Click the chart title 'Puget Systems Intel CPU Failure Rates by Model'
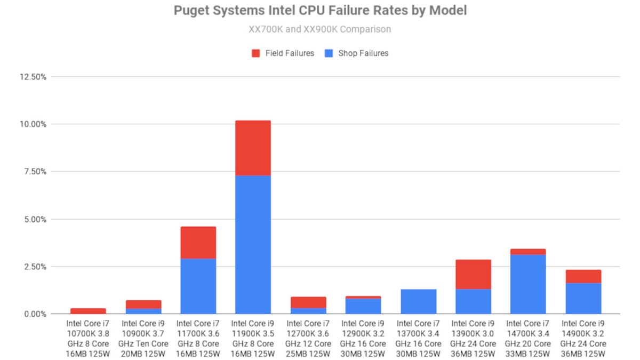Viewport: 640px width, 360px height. point(320,11)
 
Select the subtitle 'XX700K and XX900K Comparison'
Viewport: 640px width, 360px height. point(320,29)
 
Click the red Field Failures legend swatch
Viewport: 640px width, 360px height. point(255,53)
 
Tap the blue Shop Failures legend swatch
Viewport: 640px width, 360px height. point(329,53)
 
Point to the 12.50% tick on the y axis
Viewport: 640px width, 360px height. point(32,77)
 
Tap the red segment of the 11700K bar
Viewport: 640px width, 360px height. point(198,243)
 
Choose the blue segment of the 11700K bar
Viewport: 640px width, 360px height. point(198,286)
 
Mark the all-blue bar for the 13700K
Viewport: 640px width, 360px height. point(418,301)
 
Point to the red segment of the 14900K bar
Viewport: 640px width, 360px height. point(583,276)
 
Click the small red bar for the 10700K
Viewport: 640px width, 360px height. point(88,311)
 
